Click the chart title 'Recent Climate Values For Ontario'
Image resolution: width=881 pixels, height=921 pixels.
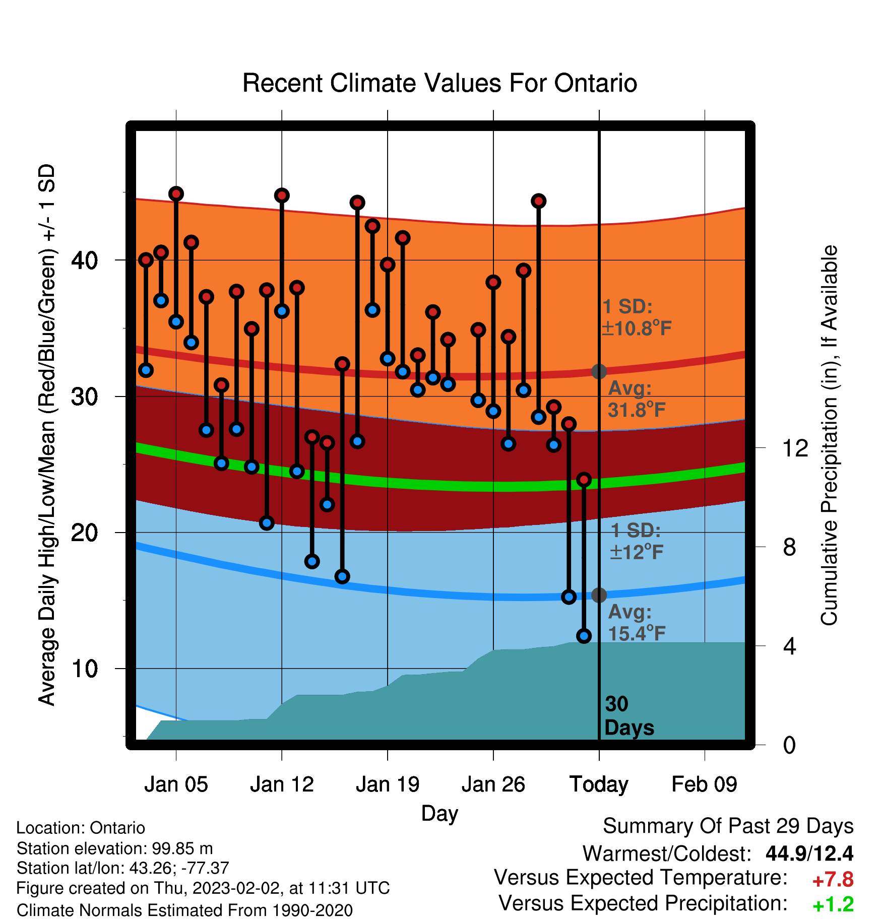point(439,83)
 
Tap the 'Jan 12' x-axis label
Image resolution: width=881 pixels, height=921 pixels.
point(282,784)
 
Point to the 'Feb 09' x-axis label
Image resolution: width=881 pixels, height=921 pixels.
point(704,784)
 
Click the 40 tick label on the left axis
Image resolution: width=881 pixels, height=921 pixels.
point(85,260)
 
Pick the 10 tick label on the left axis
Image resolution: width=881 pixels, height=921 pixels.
point(85,669)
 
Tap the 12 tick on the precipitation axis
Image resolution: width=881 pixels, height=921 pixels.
point(795,448)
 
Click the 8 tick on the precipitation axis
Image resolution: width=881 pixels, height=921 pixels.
point(790,547)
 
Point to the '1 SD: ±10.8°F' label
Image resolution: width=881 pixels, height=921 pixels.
point(637,317)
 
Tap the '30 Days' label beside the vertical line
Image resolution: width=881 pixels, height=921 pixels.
point(629,716)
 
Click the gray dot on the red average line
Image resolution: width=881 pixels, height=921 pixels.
point(599,372)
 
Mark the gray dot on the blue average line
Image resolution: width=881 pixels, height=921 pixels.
point(599,595)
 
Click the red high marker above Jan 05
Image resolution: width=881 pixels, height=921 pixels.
point(176,193)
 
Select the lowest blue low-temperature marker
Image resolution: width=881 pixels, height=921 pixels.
point(584,636)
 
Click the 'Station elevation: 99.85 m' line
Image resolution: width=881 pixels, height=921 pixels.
point(114,848)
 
